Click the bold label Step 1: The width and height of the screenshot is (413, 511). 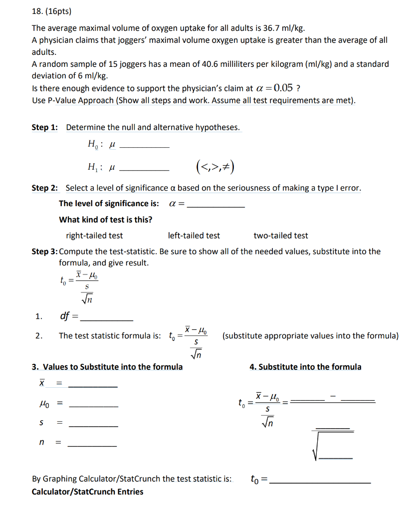(45, 127)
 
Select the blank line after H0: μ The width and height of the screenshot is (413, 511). (145, 146)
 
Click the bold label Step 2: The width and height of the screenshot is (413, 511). (45, 188)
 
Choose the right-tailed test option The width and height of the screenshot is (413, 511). (94, 236)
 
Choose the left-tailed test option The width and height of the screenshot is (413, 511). (194, 236)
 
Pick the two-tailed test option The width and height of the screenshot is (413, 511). (281, 236)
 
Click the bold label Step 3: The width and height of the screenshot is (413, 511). (44, 252)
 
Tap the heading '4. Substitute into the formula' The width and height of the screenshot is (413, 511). (305, 367)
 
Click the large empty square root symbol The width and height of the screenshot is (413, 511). (332, 446)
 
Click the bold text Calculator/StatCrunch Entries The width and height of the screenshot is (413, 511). (87, 492)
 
